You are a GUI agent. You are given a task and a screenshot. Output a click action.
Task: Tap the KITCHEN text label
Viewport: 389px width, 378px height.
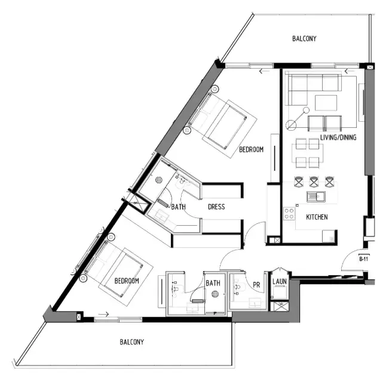(316, 217)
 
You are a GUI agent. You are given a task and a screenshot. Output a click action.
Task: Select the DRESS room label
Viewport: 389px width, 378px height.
(216, 207)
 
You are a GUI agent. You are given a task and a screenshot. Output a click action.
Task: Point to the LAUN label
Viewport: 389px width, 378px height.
(279, 281)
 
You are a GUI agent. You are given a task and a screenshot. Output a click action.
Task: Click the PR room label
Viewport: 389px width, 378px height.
(256, 285)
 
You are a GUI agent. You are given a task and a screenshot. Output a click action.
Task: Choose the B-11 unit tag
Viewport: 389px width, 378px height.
(363, 259)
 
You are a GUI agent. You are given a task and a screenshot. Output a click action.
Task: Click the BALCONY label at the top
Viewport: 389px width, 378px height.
(304, 39)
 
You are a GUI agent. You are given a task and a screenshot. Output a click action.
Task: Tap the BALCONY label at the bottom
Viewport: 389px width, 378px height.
(131, 342)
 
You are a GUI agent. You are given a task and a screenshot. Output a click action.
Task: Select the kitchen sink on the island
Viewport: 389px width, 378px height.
(314, 196)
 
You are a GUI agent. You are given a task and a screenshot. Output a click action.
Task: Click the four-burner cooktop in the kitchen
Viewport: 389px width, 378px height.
(289, 213)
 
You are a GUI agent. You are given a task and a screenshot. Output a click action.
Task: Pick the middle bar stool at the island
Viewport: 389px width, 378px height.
(314, 180)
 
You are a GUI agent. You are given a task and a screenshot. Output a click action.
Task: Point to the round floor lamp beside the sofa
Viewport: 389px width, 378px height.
(291, 125)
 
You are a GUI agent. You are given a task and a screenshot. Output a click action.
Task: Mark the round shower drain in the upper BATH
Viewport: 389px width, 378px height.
(160, 180)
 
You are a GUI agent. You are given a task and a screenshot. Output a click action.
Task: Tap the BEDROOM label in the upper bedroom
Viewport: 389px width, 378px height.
(251, 150)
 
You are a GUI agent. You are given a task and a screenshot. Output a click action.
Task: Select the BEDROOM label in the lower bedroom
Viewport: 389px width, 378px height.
(127, 281)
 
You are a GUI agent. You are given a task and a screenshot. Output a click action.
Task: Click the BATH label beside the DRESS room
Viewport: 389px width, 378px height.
(179, 207)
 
